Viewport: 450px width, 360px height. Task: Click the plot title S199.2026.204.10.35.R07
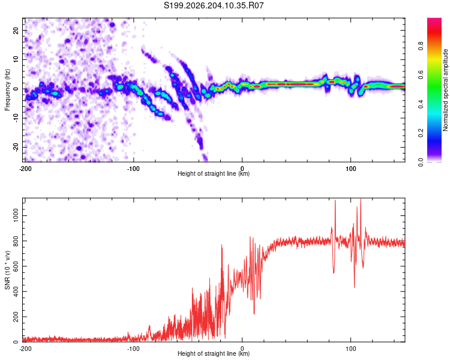tap(214, 5)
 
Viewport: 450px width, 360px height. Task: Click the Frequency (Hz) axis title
tap(7, 90)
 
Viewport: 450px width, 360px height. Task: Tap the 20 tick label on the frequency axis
tap(16, 30)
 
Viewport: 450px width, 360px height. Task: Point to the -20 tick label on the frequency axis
tap(16, 148)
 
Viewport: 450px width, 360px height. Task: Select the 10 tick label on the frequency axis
tap(16, 59)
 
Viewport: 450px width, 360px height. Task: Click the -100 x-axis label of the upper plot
tap(133, 169)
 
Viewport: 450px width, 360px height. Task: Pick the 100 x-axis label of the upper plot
tap(351, 169)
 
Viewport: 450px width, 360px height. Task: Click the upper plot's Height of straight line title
tap(214, 173)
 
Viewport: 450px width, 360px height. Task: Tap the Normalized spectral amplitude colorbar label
tap(445, 90)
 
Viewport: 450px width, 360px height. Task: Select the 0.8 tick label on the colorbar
tap(421, 46)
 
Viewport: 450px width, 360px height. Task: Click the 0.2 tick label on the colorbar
tap(421, 133)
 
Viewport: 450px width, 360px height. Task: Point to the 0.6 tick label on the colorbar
tap(421, 75)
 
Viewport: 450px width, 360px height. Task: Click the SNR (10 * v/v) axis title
tap(7, 270)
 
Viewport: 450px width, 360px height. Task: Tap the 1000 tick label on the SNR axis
tap(16, 215)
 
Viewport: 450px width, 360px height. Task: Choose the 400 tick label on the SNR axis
tap(16, 292)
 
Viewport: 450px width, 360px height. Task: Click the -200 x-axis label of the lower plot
tap(25, 349)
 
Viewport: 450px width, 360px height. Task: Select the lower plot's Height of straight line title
tap(214, 353)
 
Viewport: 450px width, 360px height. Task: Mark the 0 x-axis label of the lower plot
tap(242, 349)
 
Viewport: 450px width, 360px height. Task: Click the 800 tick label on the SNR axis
tap(16, 241)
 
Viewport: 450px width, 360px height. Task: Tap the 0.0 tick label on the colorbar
tap(421, 162)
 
